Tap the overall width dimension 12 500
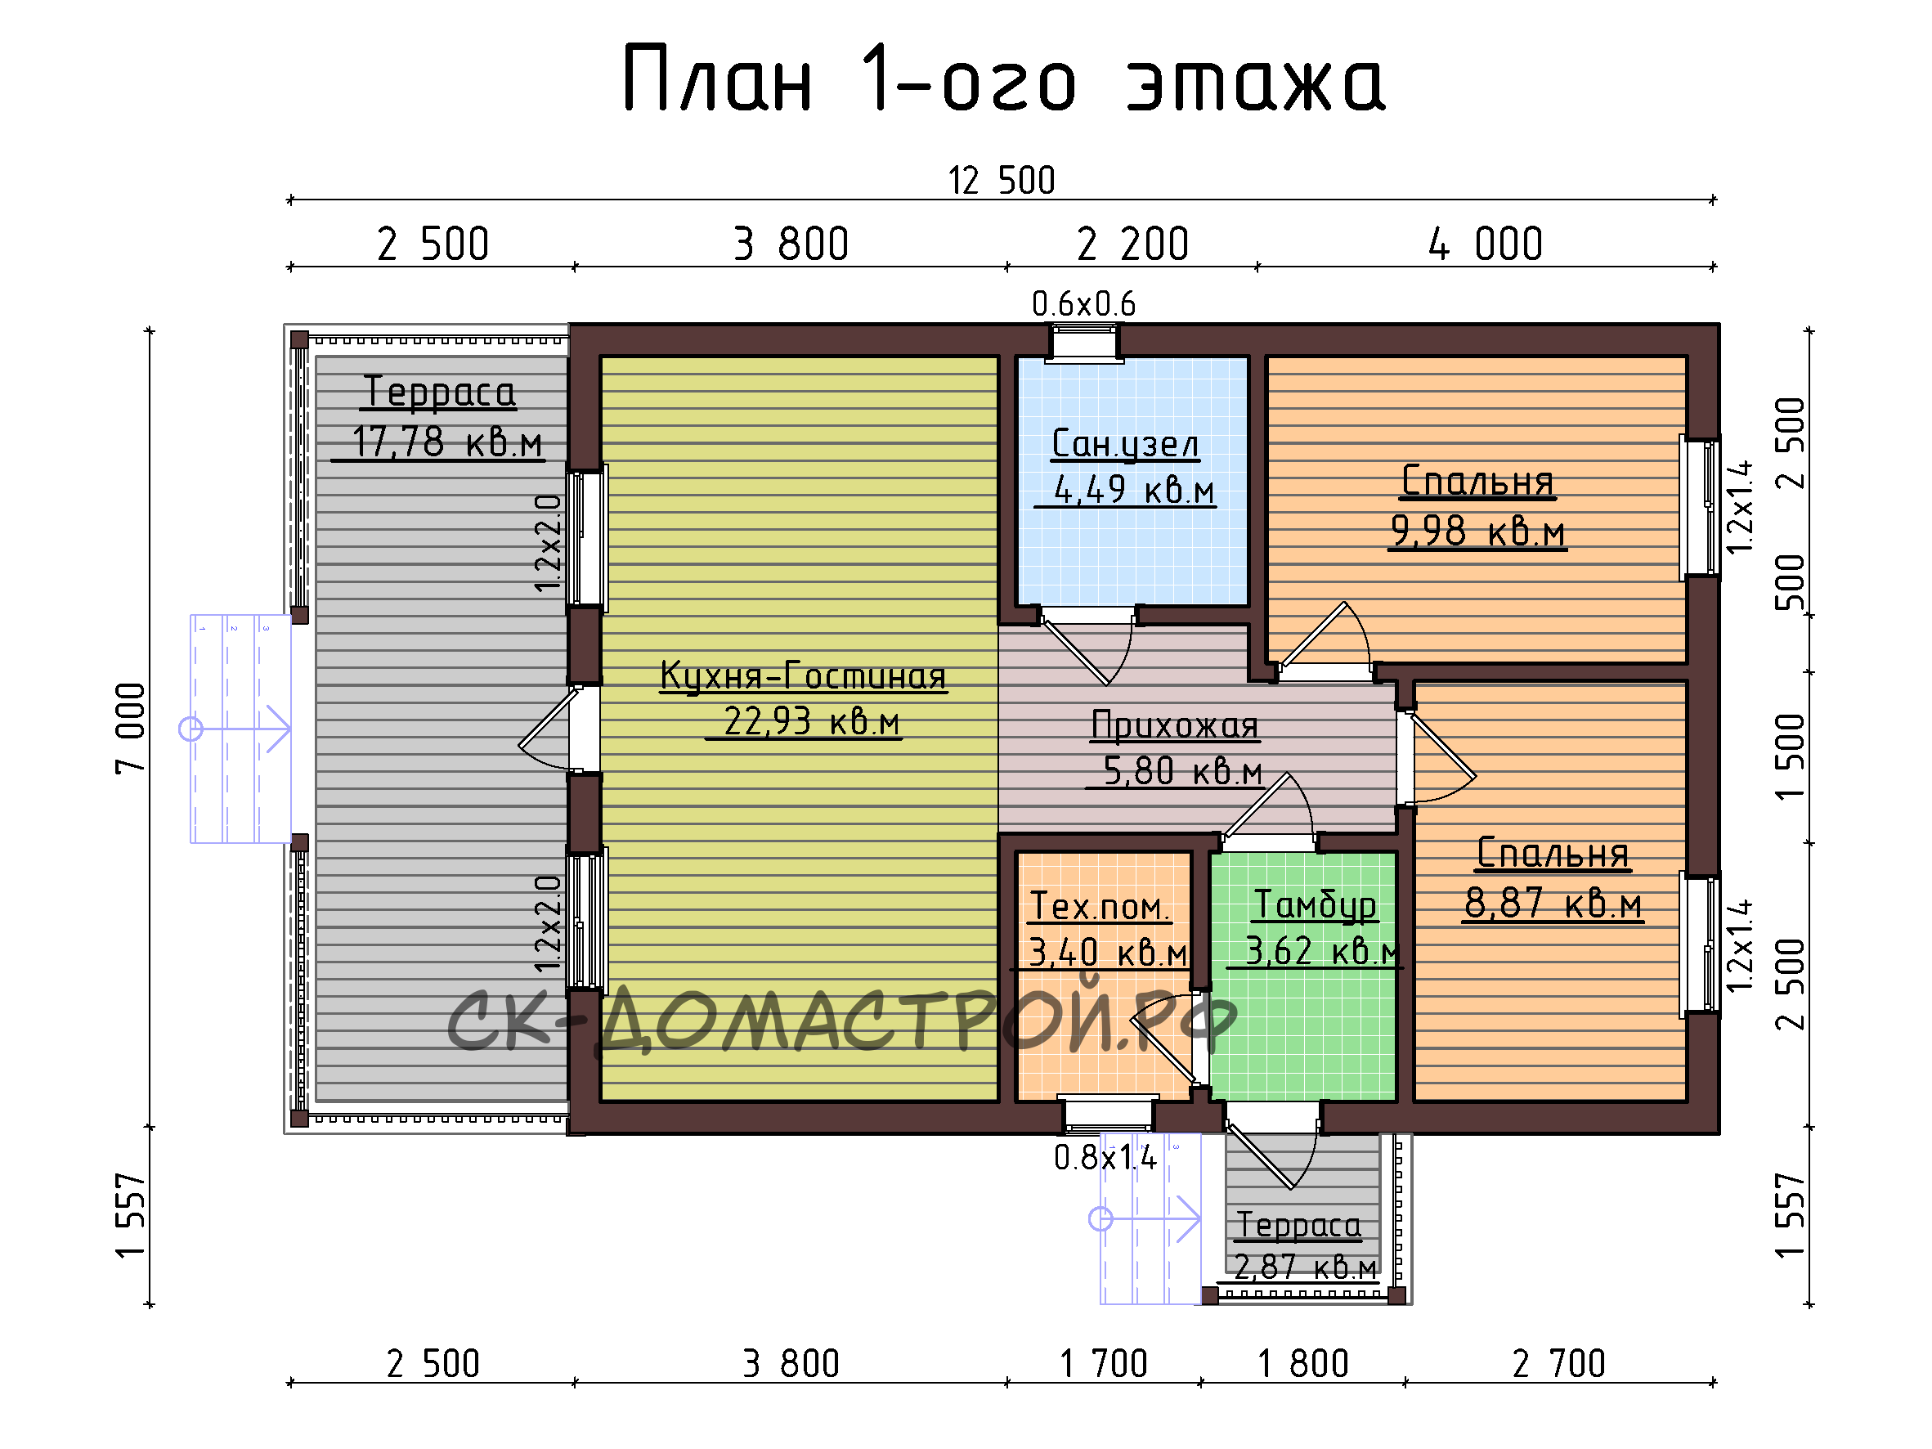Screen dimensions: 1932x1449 [1002, 181]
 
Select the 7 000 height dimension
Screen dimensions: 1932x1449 [130, 729]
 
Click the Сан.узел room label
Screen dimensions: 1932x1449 [1125, 444]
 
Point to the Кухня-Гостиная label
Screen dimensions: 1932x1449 [804, 675]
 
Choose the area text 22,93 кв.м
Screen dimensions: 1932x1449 [811, 721]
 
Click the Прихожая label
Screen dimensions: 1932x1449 [1175, 725]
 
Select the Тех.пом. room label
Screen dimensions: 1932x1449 [1099, 906]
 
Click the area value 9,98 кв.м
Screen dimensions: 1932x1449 [1478, 530]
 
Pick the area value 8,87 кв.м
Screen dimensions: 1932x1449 [1553, 902]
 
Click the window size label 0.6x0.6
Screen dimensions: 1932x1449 [1084, 304]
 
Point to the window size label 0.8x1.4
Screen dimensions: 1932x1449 [1105, 1157]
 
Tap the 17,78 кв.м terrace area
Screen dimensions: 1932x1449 [447, 442]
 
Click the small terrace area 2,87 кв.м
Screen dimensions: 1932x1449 [1305, 1266]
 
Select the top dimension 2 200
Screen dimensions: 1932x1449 [1133, 244]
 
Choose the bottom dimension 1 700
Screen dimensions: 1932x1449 [1103, 1363]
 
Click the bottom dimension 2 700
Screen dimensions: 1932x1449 [1559, 1363]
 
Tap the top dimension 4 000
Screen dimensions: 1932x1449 [1486, 244]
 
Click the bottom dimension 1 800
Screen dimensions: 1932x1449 [1303, 1363]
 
